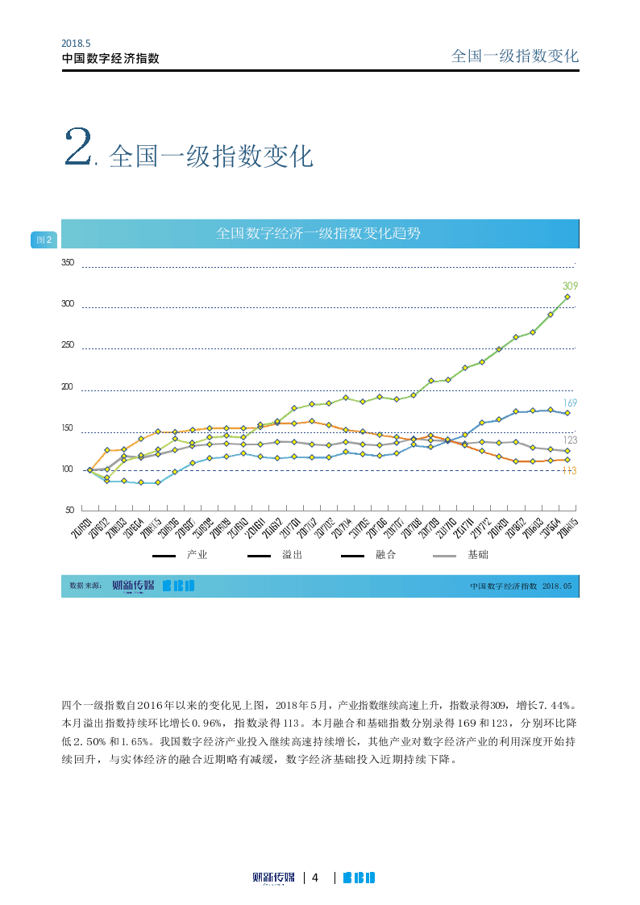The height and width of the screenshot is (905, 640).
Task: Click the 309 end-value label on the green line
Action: (x=570, y=286)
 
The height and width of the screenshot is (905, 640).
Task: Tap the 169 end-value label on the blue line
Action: (x=570, y=402)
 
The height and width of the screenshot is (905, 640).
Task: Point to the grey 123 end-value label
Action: (x=570, y=440)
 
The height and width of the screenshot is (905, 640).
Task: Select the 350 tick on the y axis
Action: (x=68, y=263)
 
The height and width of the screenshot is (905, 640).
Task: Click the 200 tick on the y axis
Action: (x=68, y=387)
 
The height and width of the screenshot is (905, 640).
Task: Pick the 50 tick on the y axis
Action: (x=69, y=511)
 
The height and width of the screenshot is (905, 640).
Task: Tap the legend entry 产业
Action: (x=197, y=555)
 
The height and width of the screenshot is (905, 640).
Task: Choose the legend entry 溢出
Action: (x=292, y=555)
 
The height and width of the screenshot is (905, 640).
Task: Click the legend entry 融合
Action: (x=385, y=555)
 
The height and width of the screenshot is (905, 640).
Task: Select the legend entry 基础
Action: (x=478, y=555)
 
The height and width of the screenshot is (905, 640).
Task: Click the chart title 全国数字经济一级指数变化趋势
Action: (x=318, y=234)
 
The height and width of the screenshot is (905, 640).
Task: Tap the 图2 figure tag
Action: (x=44, y=240)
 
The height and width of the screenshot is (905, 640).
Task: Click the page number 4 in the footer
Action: (x=316, y=878)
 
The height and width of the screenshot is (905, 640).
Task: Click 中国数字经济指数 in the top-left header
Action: (x=110, y=59)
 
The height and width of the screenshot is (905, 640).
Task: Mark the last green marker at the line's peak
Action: (x=567, y=297)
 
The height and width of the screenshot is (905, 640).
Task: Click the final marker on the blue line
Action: (x=567, y=413)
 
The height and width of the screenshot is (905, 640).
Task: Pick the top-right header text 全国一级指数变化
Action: (x=515, y=56)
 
